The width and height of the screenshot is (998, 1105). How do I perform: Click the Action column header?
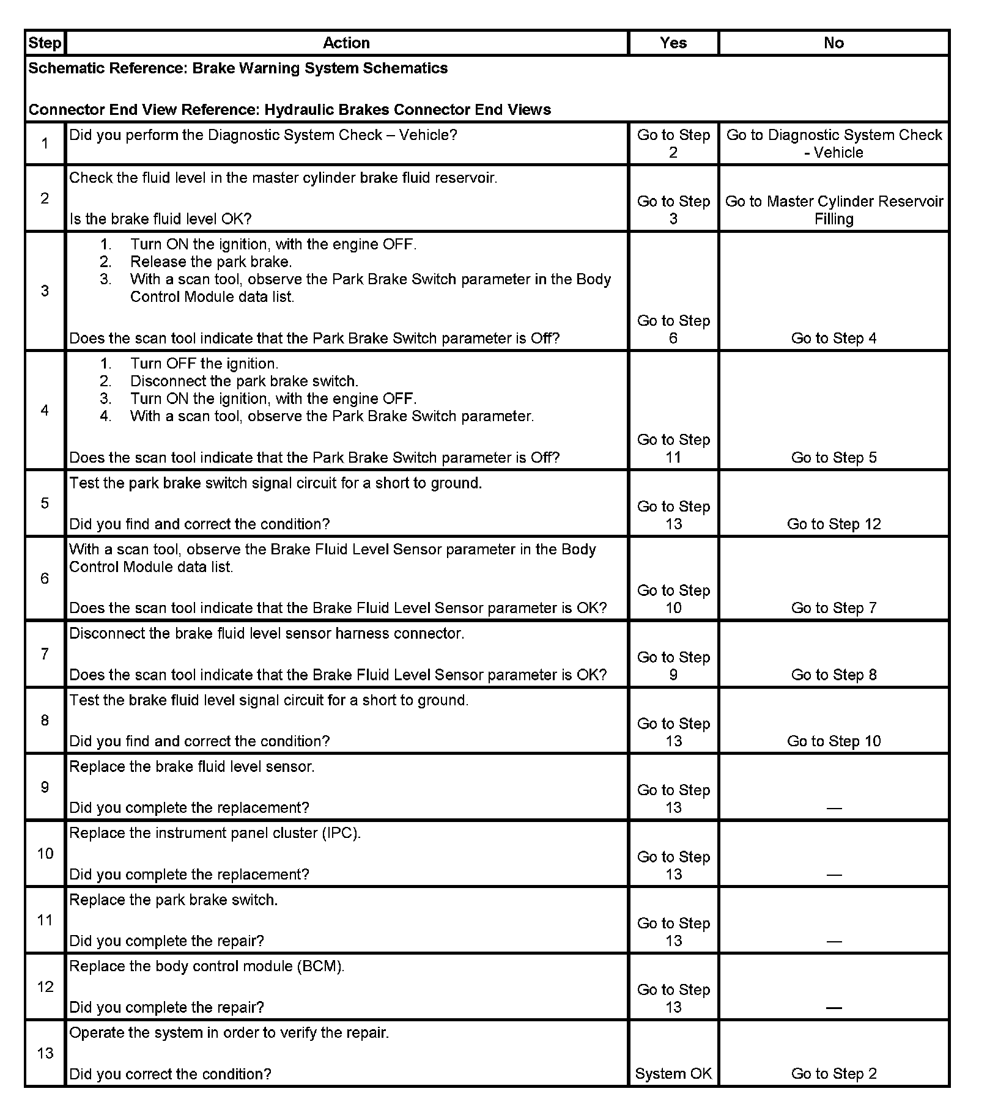(x=346, y=43)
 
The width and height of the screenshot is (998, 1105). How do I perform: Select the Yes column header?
(x=673, y=43)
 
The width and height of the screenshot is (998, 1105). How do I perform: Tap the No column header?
(x=834, y=43)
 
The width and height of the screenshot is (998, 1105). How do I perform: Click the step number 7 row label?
(x=45, y=654)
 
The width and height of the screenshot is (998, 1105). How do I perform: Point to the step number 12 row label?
(x=45, y=986)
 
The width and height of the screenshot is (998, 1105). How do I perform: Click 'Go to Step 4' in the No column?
(x=834, y=338)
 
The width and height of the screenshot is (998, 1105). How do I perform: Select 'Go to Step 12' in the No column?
(x=834, y=524)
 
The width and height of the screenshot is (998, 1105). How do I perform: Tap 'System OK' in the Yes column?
(x=673, y=1074)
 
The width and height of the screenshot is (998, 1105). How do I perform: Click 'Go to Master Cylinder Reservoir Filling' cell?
(x=834, y=210)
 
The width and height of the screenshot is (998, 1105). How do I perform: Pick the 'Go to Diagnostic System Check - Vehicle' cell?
(x=834, y=144)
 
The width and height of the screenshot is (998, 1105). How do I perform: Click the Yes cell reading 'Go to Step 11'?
(x=673, y=449)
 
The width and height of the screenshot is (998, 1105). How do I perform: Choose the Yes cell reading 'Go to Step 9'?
(x=673, y=666)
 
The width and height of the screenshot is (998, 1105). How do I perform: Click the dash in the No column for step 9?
(x=834, y=808)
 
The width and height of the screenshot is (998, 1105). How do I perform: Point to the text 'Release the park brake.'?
(x=211, y=262)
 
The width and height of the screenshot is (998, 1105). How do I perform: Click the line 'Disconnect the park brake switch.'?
(x=244, y=381)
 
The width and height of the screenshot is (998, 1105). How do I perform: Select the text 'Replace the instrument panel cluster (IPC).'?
(x=215, y=833)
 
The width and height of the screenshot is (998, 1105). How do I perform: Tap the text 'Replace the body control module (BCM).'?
(x=207, y=966)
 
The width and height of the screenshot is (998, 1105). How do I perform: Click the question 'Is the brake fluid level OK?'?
(x=160, y=219)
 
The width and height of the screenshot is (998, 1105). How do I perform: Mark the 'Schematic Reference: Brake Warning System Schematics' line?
(x=238, y=68)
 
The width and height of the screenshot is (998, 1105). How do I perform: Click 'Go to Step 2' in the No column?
(x=834, y=1074)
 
